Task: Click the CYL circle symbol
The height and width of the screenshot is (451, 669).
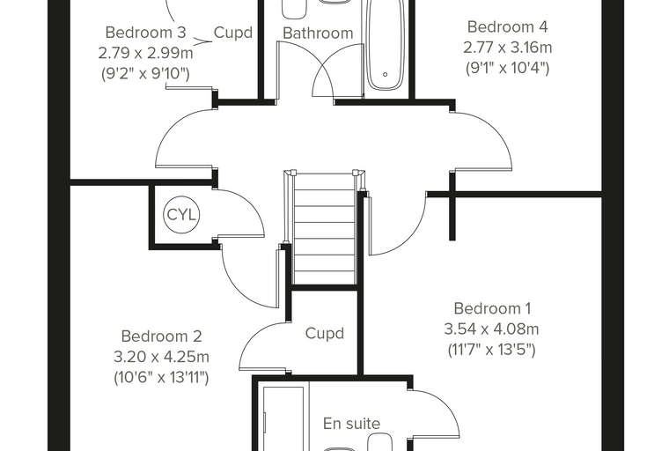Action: click(x=181, y=215)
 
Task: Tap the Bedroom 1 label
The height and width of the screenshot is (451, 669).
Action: click(x=492, y=308)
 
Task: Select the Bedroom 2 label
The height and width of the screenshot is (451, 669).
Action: click(x=161, y=336)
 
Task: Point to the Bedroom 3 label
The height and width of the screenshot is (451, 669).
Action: click(x=145, y=33)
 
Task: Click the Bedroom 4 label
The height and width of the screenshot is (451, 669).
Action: click(x=507, y=26)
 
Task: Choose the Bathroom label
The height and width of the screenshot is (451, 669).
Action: click(x=318, y=33)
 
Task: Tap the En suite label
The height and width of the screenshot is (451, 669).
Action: click(x=351, y=423)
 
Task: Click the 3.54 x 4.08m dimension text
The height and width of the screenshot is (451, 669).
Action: click(x=491, y=329)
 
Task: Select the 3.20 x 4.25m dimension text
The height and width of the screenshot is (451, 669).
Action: click(x=161, y=357)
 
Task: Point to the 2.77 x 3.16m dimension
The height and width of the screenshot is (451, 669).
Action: click(x=508, y=47)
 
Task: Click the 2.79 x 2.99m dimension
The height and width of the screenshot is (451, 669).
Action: click(x=145, y=53)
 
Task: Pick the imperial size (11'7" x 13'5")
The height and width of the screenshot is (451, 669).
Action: click(x=491, y=350)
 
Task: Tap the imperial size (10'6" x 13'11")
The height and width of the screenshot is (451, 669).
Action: click(x=161, y=377)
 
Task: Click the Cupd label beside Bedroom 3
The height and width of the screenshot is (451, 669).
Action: click(x=233, y=33)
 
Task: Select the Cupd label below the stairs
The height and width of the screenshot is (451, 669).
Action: click(x=325, y=334)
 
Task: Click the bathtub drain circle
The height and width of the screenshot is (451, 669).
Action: click(x=386, y=74)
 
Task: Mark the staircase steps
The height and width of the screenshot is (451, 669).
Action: click(x=325, y=229)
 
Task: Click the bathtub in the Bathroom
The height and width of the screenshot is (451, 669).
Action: click(x=386, y=45)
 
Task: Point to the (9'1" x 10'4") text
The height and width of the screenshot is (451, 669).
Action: click(x=508, y=68)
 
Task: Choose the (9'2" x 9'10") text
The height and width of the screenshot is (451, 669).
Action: click(x=145, y=73)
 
